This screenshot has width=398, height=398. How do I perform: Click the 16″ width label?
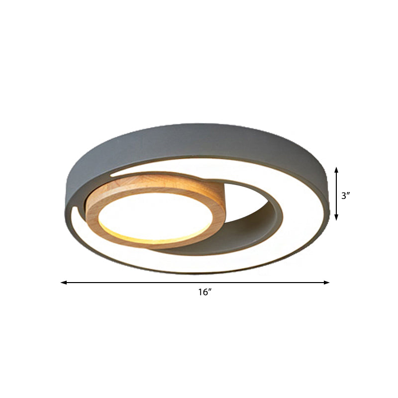(204, 293)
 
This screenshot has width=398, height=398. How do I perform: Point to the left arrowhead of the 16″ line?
(63, 283)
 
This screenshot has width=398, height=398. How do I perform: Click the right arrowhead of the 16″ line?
(327, 283)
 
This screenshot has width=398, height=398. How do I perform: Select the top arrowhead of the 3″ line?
(337, 170)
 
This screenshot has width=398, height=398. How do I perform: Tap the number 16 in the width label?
(201, 293)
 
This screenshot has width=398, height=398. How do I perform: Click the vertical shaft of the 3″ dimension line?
(337, 194)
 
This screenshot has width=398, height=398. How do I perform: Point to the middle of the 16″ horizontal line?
(195, 283)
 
